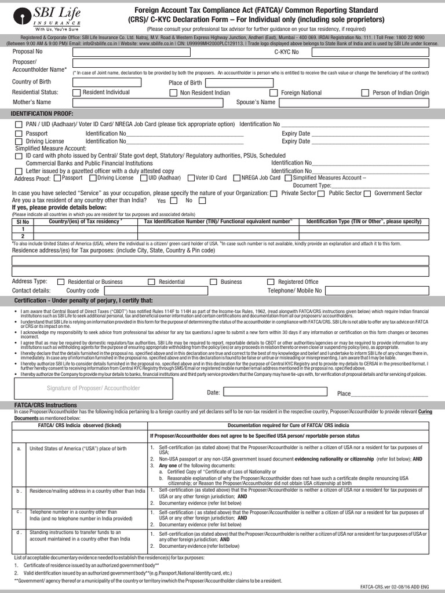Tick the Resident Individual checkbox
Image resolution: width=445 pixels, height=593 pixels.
click(x=76, y=93)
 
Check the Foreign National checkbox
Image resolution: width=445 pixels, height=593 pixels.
click(x=274, y=93)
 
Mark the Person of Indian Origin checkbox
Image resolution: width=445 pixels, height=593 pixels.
click(x=365, y=93)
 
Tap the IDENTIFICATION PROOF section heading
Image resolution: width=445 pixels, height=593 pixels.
click(x=42, y=113)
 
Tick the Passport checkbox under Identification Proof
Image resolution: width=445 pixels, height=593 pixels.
click(x=19, y=134)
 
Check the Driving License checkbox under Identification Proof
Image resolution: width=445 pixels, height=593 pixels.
click(x=19, y=141)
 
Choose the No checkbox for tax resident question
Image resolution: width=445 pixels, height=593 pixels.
click(x=202, y=201)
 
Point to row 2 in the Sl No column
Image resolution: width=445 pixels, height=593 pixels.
click(x=23, y=236)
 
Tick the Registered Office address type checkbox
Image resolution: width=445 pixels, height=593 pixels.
click(x=264, y=282)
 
